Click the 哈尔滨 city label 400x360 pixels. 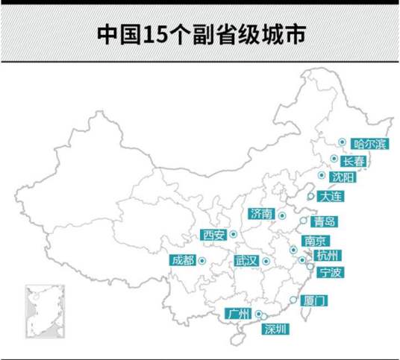click(x=369, y=144)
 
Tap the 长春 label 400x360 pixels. click(x=354, y=161)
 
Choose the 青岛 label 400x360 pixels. click(x=325, y=221)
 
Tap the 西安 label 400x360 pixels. click(x=214, y=236)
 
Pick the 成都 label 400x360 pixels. click(x=182, y=260)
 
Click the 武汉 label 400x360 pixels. click(x=246, y=261)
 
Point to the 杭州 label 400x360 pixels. click(x=327, y=256)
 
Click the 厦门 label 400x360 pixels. click(x=316, y=301)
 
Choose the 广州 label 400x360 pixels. click(x=240, y=313)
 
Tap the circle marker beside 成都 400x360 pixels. click(x=202, y=259)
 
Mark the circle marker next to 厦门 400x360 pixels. click(x=293, y=300)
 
